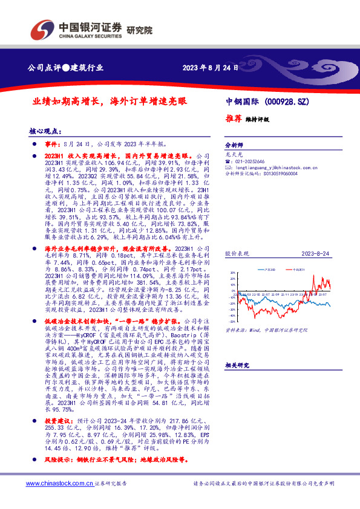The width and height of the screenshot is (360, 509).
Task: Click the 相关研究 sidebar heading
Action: (x=237, y=366)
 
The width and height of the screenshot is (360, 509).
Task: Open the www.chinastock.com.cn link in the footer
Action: (x=57, y=484)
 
